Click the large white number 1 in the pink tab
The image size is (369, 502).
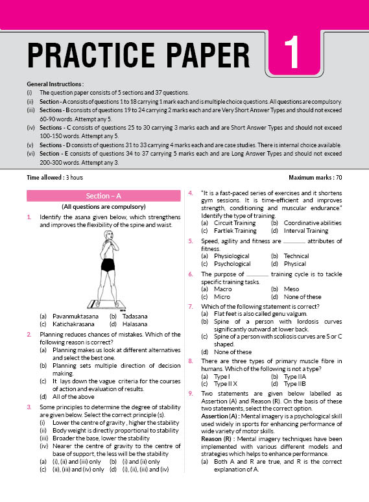292,53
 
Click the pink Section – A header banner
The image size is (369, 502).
103,196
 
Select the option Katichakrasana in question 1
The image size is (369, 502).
73,324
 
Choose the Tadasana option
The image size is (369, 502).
135,317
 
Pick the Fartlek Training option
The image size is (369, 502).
235,230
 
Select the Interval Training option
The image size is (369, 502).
306,230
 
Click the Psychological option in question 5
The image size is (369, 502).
232,264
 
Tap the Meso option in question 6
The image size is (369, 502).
292,289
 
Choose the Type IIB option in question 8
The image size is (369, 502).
295,384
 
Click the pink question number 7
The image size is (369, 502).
191,307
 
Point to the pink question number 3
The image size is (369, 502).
29,407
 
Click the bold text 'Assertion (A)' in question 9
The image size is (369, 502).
219,416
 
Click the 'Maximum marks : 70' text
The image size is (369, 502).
315,177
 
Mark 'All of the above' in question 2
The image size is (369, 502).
73,397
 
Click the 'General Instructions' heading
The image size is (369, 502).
54,84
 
